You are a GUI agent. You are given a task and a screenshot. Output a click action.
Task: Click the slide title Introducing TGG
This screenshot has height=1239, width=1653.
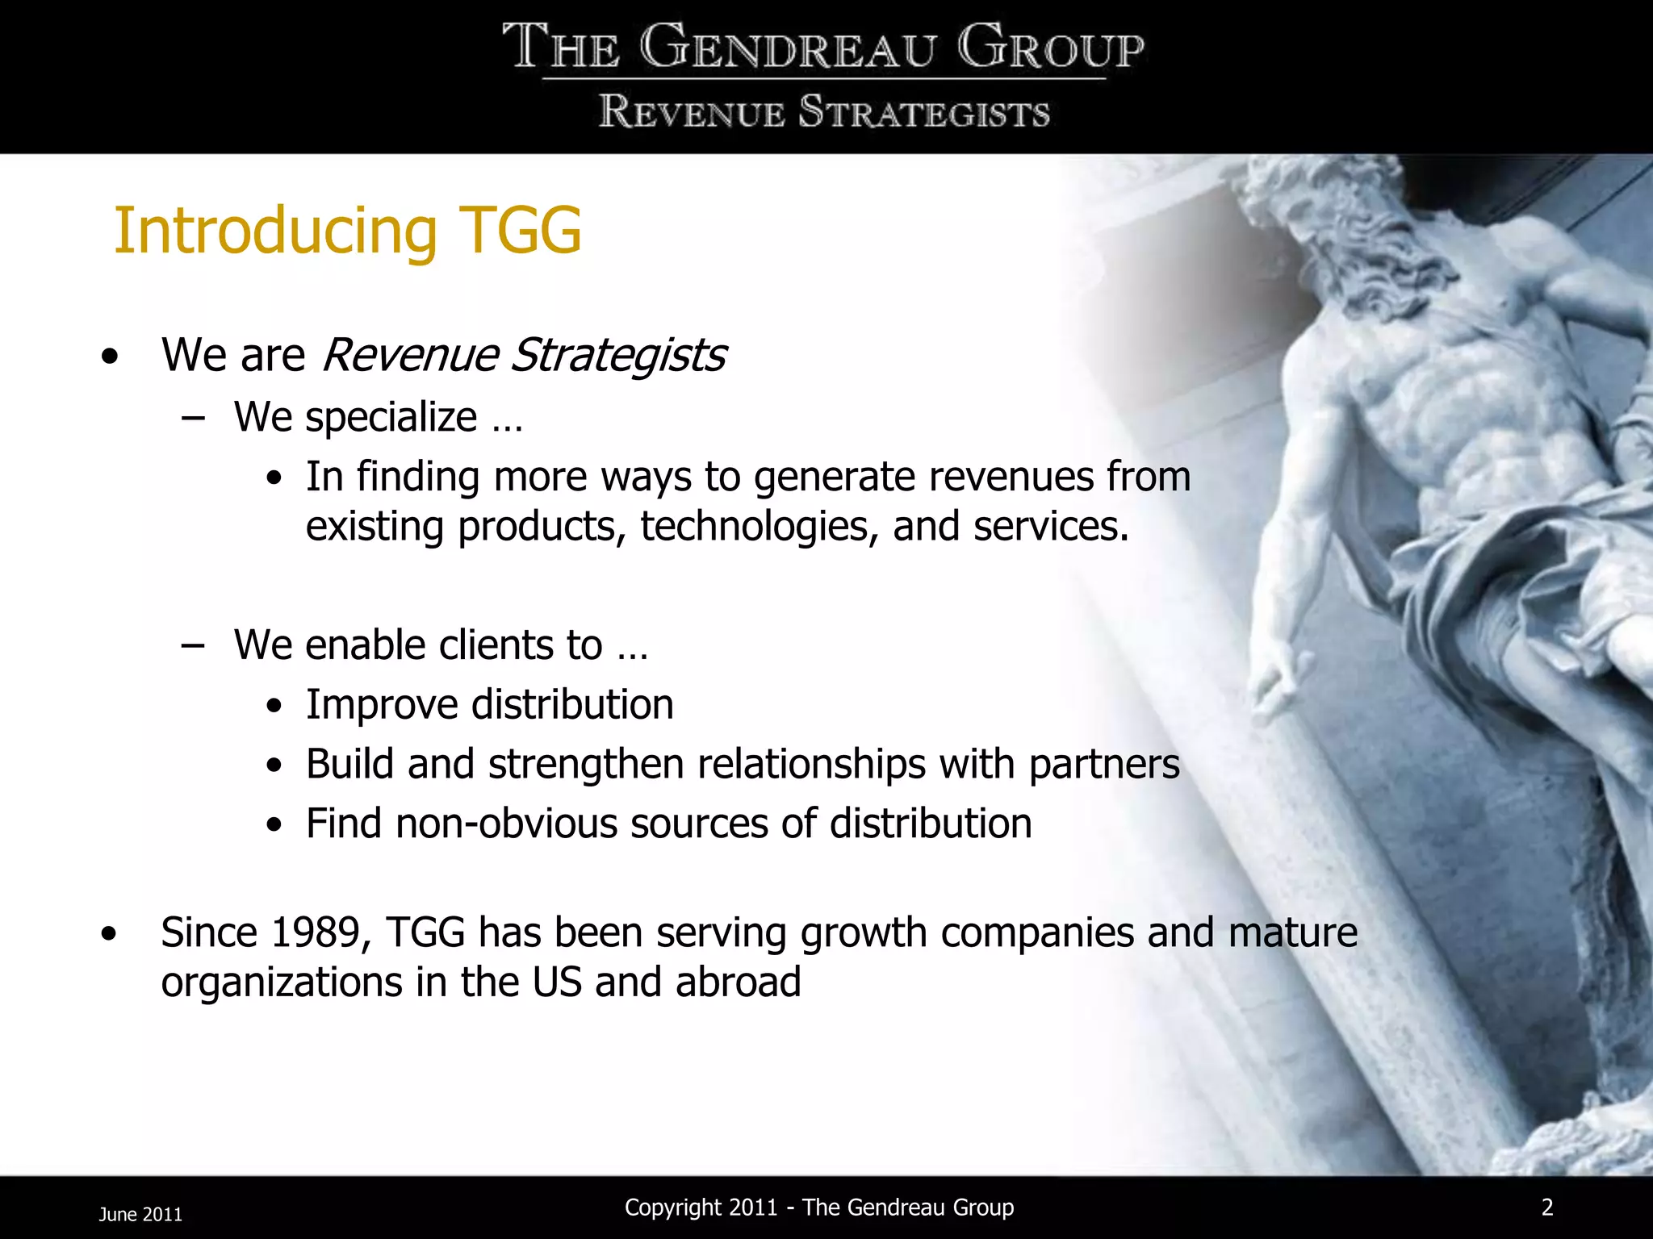tap(347, 232)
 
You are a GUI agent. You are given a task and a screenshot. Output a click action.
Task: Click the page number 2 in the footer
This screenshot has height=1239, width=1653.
tap(1546, 1207)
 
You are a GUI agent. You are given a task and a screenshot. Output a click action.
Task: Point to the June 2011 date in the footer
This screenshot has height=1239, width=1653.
tap(140, 1214)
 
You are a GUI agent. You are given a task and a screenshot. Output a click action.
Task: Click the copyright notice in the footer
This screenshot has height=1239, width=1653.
tap(819, 1208)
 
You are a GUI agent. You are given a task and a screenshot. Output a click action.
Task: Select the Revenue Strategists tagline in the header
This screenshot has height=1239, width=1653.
tap(824, 112)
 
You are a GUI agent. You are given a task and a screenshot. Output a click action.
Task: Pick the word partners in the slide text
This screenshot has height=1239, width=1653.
tap(1103, 764)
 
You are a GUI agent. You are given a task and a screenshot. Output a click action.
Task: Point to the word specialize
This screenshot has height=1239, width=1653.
tap(391, 418)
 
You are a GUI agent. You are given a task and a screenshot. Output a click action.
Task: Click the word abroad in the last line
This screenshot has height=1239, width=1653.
tap(738, 982)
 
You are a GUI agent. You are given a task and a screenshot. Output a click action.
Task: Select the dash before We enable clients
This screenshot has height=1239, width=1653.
tap(192, 645)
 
